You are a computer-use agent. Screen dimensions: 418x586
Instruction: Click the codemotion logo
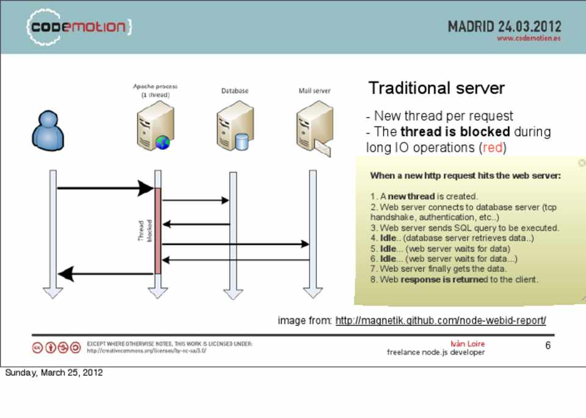click(x=78, y=27)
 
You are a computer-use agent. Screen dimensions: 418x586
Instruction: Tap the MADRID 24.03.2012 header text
click(x=504, y=26)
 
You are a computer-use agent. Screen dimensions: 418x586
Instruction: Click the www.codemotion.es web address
click(x=529, y=38)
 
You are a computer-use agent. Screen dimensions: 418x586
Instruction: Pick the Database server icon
click(x=234, y=127)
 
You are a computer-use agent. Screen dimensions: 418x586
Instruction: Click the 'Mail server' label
click(x=314, y=91)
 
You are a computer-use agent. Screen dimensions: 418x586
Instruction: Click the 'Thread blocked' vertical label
click(x=145, y=231)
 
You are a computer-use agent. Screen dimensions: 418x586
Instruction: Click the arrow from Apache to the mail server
click(x=236, y=244)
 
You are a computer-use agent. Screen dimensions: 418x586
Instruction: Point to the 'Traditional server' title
click(x=436, y=88)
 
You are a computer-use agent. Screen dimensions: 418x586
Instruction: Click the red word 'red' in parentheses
click(x=492, y=148)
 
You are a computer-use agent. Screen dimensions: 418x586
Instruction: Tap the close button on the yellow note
click(x=581, y=163)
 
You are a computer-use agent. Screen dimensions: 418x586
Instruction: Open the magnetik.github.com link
click(x=440, y=320)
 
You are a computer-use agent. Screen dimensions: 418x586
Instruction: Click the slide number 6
click(x=548, y=345)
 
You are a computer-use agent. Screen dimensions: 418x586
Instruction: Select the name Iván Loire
click(x=468, y=344)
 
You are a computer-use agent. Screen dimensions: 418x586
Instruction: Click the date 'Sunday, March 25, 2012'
click(x=54, y=372)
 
